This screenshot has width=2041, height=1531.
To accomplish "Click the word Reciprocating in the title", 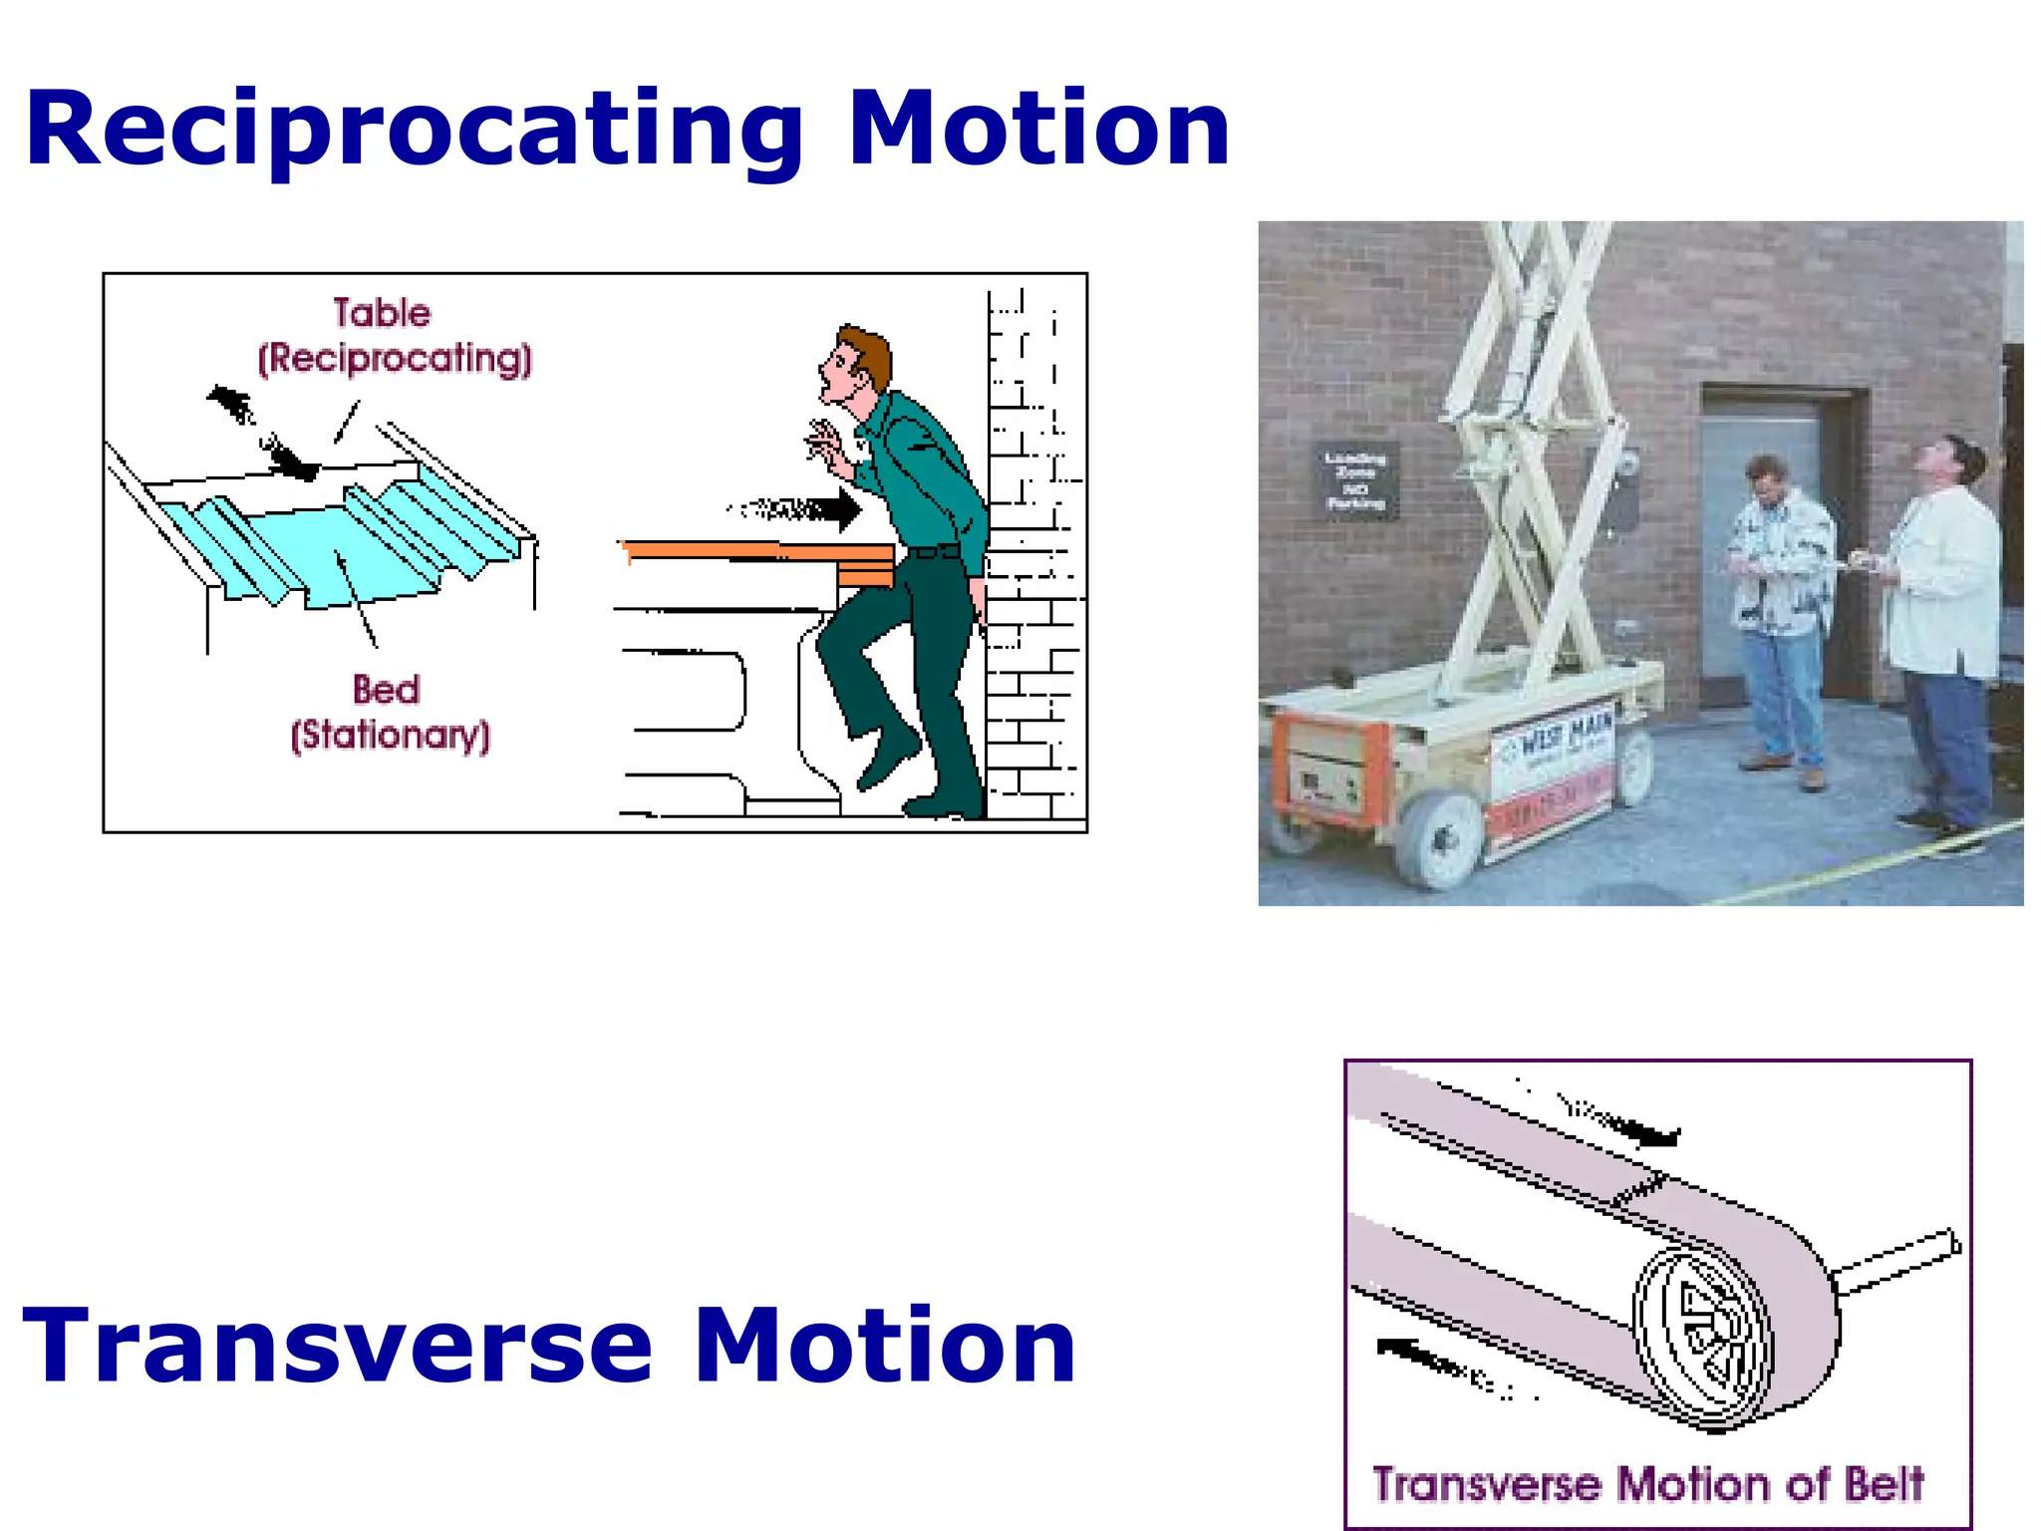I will pos(414,130).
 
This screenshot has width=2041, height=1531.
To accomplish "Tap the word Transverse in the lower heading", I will pos(337,1346).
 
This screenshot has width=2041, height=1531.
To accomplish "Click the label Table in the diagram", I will pos(382,313).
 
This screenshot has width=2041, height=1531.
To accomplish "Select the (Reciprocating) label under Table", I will pos(395,359).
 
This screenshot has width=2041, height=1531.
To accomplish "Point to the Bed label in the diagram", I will pos(387,689).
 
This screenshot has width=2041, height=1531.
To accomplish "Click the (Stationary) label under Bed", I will pos(391,736).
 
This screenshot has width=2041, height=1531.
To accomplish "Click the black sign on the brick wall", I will pos(1355,480).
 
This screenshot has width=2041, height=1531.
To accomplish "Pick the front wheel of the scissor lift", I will pos(1437,837).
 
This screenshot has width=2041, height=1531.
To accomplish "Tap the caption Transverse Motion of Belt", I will pos(1647,1484).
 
